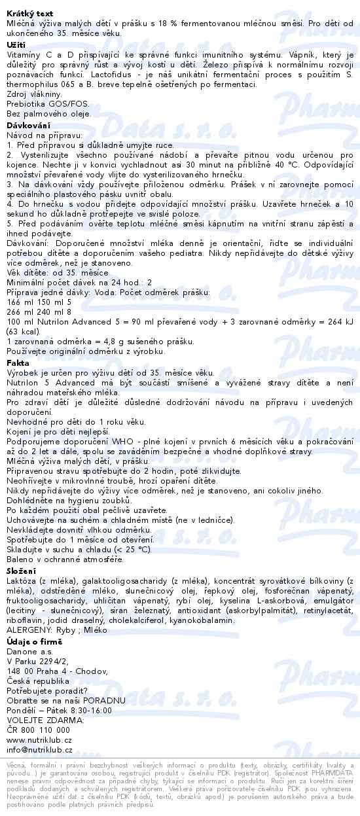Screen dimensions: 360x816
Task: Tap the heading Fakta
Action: (18, 361)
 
